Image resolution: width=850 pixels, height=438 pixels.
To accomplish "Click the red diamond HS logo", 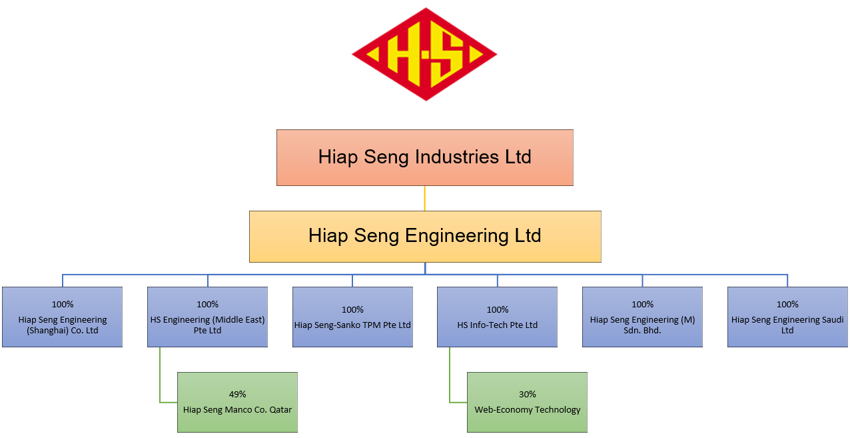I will point(424,54).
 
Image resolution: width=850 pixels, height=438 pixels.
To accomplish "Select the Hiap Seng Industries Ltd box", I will point(424,157).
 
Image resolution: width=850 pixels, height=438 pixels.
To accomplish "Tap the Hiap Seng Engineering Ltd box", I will point(424,236).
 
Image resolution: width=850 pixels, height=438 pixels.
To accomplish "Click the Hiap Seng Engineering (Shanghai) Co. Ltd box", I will point(62,317).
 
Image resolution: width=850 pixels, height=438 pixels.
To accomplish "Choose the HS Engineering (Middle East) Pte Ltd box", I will point(207,317).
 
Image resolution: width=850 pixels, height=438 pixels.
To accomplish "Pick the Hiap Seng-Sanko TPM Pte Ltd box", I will point(352,317).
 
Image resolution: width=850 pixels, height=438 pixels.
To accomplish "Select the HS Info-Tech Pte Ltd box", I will point(497,317).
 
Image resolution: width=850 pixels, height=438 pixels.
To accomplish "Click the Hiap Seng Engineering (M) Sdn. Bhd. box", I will point(642,317).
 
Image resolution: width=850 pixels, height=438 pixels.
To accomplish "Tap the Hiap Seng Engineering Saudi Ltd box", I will point(787,317).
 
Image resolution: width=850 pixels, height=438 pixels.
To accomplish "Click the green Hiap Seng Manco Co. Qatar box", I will point(237,403).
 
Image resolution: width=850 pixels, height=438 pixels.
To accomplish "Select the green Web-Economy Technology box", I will point(527,403).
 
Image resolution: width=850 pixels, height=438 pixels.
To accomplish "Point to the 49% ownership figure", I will point(238,394).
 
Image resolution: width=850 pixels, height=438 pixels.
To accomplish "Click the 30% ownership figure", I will point(528,394).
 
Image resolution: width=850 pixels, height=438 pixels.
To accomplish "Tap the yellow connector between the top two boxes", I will point(424,198).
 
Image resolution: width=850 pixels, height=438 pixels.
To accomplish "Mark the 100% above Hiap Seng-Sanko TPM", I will point(352,309).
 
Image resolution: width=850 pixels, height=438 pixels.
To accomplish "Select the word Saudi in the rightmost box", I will point(832,320).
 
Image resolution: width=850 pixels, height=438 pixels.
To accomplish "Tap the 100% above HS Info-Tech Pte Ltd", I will point(498,309).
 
